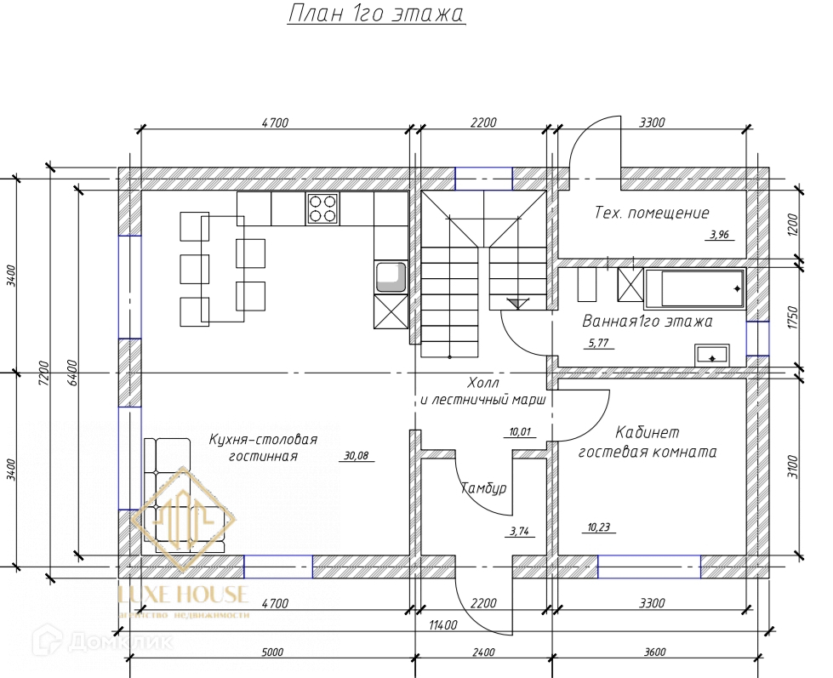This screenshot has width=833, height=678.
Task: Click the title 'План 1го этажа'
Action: [x=376, y=14]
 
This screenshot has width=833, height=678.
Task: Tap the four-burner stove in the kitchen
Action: [x=323, y=208]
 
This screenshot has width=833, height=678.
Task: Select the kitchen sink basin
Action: [x=391, y=277]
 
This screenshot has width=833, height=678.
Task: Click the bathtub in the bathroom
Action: [x=695, y=288]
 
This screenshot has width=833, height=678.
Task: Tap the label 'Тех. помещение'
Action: [x=651, y=213]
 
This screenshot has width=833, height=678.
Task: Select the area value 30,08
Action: [x=356, y=455]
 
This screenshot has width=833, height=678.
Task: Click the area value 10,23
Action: [x=599, y=527]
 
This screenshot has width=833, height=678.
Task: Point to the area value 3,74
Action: [x=519, y=531]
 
